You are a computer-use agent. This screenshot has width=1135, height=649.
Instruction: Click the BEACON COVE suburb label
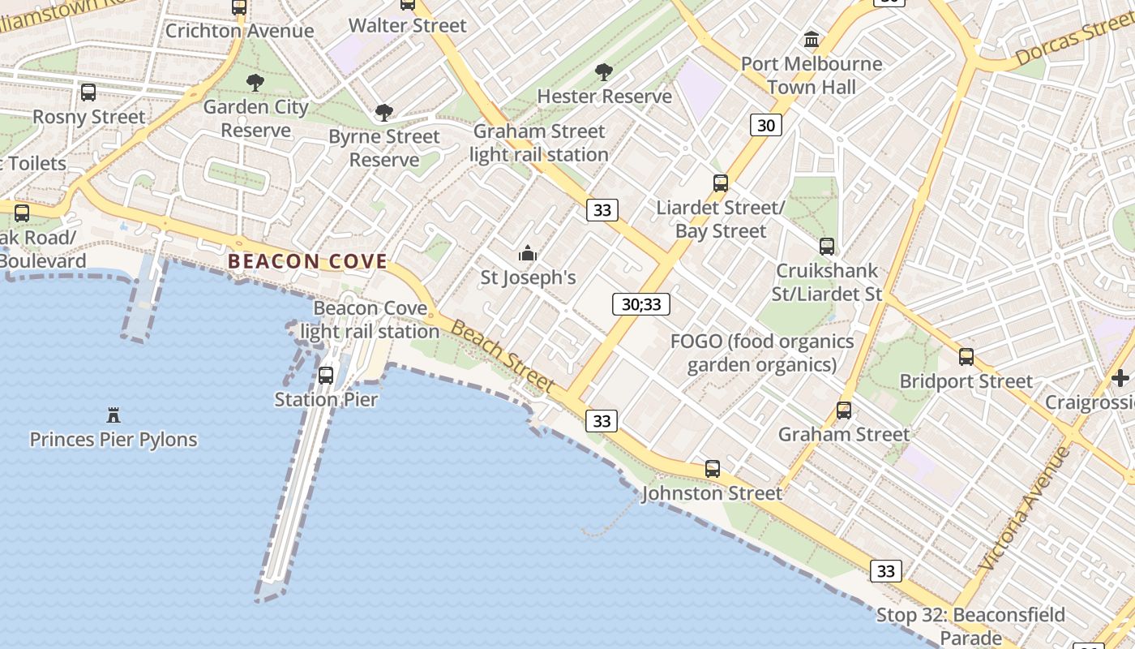tap(307, 261)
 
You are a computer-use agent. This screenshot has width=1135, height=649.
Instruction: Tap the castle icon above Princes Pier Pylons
tap(113, 415)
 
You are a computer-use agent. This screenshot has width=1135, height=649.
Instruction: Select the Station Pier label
tap(326, 399)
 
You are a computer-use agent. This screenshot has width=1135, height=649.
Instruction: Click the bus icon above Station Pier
tap(326, 375)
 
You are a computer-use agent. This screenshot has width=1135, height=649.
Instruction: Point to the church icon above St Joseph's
tap(528, 253)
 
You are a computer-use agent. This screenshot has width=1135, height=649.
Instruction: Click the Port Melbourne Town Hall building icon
tap(811, 39)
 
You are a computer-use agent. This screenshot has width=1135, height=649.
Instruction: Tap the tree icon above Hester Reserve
tap(603, 72)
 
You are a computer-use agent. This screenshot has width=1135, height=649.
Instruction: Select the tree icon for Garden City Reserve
tap(255, 82)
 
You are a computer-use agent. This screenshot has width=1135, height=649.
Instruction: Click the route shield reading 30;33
tap(640, 304)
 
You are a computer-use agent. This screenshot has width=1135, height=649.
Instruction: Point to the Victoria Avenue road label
tap(1025, 509)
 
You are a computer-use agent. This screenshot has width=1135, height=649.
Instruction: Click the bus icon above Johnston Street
tap(712, 468)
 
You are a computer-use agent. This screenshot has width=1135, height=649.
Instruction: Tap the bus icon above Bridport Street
tap(966, 356)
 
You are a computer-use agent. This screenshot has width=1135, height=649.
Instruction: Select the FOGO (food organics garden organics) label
tap(762, 353)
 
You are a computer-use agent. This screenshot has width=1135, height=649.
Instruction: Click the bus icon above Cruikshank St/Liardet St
tap(826, 246)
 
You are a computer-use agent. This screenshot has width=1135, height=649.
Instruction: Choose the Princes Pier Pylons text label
tap(113, 440)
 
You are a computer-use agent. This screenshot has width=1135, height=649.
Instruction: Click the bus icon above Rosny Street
tap(88, 92)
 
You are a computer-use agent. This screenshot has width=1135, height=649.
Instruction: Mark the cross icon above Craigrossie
tap(1120, 378)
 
